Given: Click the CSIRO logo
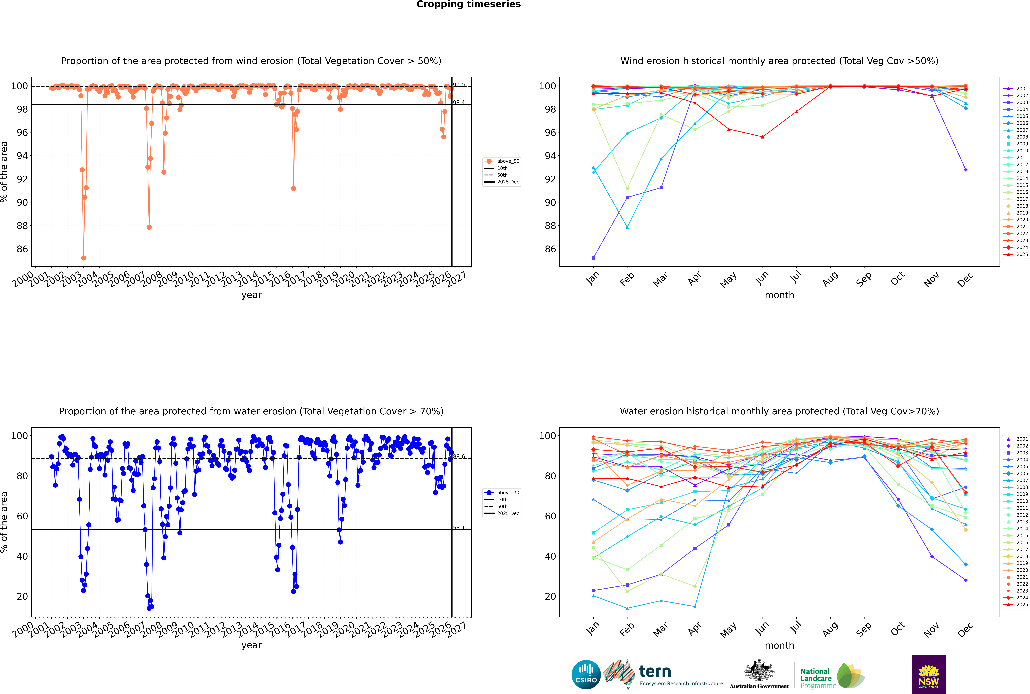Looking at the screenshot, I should pos(586,675).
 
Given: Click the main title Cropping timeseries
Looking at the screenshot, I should pos(468,4).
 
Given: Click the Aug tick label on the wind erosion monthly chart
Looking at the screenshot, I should pos(830,279).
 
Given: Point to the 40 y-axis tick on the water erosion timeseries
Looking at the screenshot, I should pos(22,556).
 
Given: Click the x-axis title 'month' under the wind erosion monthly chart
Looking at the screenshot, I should pos(779,295).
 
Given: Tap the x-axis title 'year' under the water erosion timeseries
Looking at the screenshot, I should pos(252,645).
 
